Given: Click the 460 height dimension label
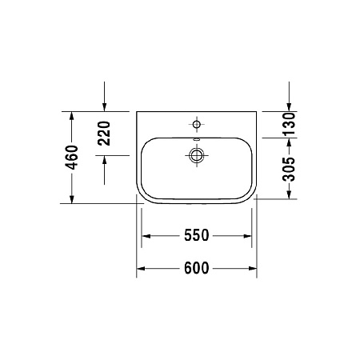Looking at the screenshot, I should coord(71,158).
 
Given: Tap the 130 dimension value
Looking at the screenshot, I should coord(290,122).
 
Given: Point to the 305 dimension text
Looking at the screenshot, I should coord(290,169).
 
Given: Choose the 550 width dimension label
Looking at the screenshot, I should coord(196,235).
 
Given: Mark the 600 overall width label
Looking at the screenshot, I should coord(196,268).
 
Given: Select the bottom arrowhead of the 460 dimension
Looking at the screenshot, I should coord(71,199).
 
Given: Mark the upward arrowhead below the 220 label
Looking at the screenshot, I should coord(105,160).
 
